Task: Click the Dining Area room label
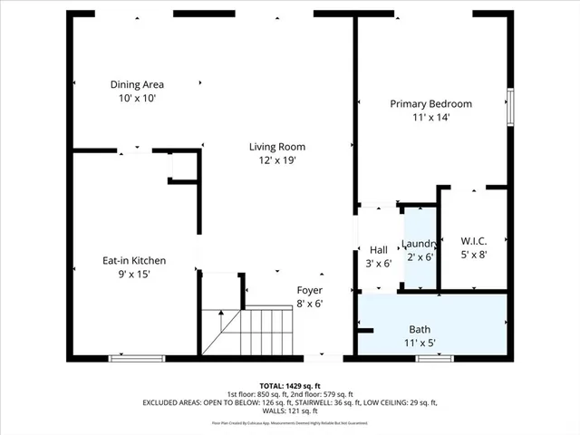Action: (137, 84)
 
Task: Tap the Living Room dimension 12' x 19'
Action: (277, 160)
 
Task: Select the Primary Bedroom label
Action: (430, 103)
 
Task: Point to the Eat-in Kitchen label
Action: (133, 260)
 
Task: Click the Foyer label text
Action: (310, 290)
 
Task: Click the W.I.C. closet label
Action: (473, 241)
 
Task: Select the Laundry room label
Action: (420, 244)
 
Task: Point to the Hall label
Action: (379, 250)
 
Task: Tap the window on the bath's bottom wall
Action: (433, 359)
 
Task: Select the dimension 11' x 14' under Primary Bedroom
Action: (430, 117)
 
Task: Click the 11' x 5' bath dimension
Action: (419, 343)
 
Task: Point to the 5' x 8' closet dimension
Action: (473, 255)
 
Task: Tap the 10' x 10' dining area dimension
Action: (137, 98)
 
